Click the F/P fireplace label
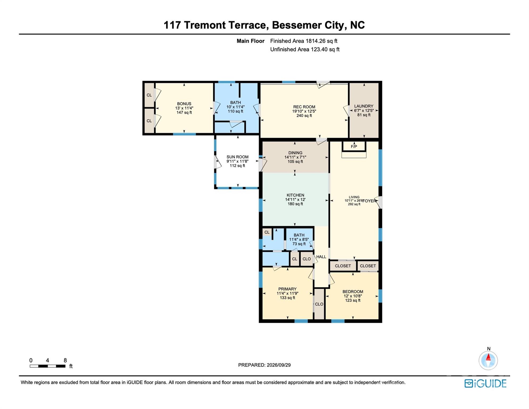pos(354,146)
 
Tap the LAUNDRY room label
pos(363,106)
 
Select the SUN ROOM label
pos(237,157)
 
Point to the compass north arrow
pos(488,357)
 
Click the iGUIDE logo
pos(485,383)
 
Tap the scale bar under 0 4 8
pos(48,366)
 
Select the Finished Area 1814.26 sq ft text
pos(304,41)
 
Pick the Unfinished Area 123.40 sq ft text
pos(305,49)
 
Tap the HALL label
pos(321,257)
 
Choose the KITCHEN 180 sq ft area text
pos(295,204)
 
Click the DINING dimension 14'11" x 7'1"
pos(295,157)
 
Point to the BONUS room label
pos(184,104)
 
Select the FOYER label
pos(370,201)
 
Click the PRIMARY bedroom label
pos(287,289)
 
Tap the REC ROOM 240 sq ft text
pos(304,116)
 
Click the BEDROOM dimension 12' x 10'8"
pos(353,296)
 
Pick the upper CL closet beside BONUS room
pos(149,95)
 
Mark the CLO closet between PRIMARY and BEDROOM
pos(319,304)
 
